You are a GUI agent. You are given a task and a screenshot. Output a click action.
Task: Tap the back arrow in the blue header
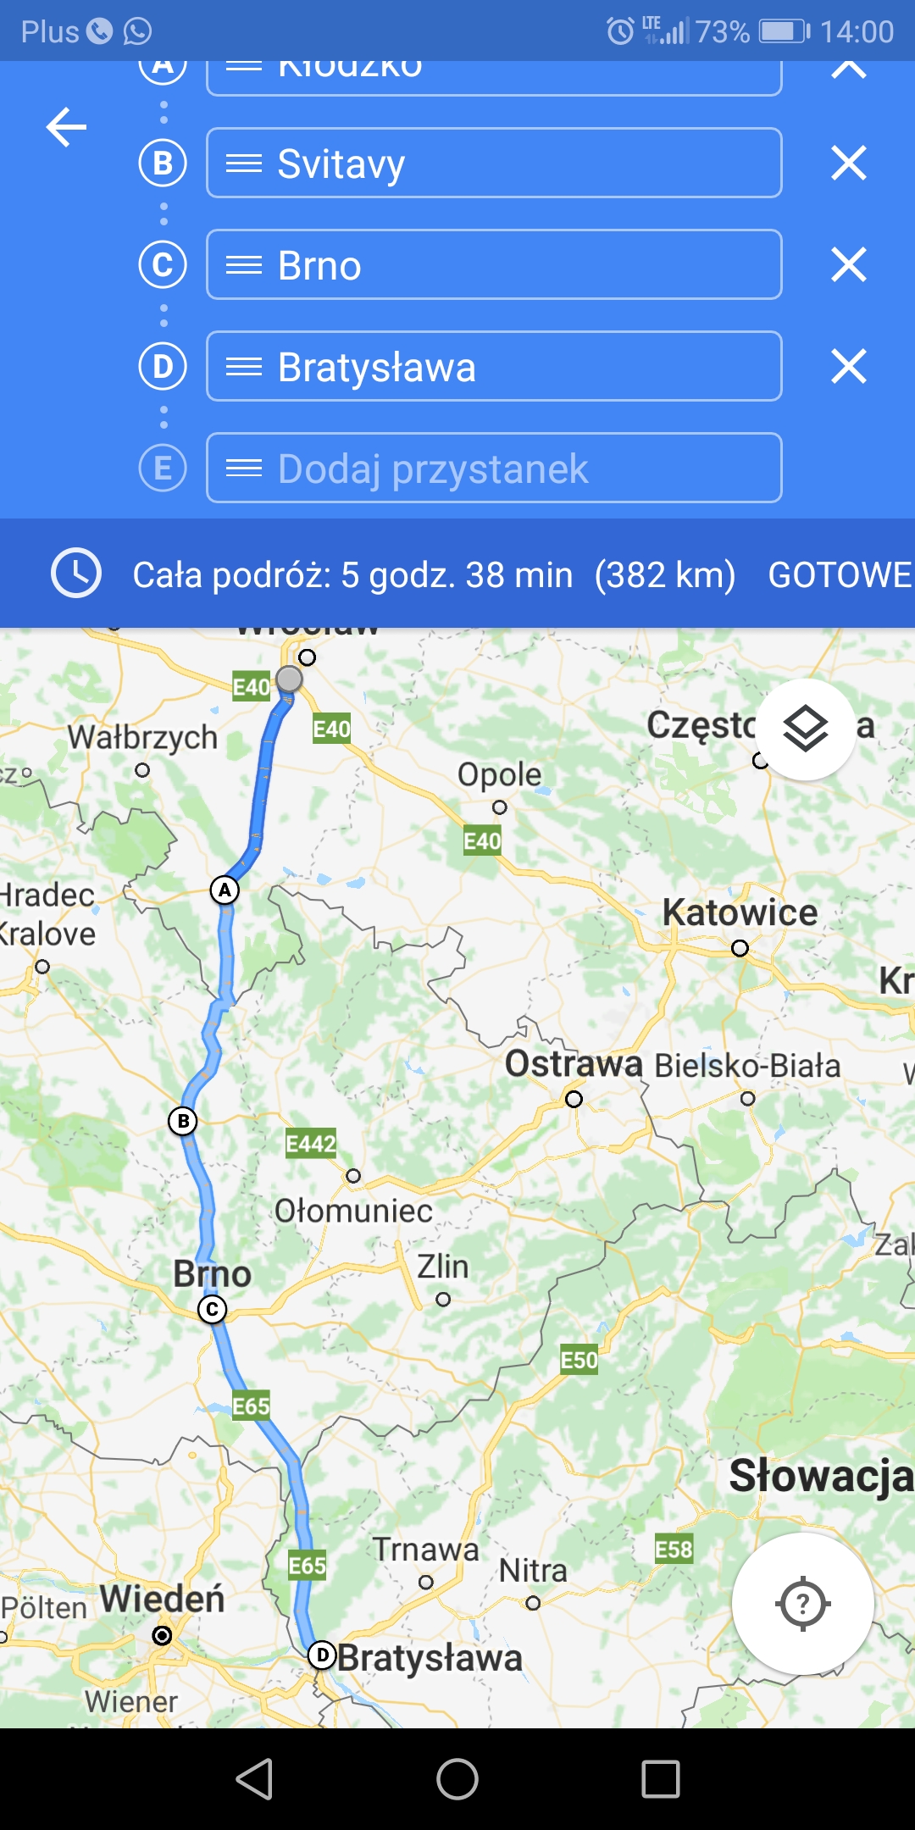tap(66, 128)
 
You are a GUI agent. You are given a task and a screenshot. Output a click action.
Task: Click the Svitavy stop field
tap(494, 163)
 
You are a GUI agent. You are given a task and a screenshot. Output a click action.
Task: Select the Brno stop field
tap(494, 264)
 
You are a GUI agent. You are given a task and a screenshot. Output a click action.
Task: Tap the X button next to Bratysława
tap(848, 366)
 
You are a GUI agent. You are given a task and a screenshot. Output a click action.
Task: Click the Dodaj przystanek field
tap(494, 468)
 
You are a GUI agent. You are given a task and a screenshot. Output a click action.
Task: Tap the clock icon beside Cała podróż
tap(76, 574)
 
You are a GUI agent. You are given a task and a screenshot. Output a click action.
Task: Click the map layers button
tap(805, 729)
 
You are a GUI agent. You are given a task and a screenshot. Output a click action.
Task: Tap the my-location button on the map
tap(802, 1603)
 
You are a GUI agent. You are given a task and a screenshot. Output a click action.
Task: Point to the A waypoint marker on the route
tap(225, 890)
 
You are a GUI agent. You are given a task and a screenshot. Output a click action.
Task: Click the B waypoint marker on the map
tap(183, 1121)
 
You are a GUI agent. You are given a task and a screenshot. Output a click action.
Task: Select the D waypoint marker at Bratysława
tap(322, 1655)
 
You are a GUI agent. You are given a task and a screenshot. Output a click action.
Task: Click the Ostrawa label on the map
tap(574, 1064)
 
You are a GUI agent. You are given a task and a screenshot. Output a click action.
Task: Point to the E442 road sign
tap(311, 1144)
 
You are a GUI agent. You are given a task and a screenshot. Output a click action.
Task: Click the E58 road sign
tap(674, 1550)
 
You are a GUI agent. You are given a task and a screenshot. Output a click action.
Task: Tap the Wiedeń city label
tap(162, 1600)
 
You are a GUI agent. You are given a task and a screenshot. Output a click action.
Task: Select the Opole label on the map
tap(499, 774)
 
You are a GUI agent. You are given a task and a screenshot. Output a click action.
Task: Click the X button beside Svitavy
tap(848, 163)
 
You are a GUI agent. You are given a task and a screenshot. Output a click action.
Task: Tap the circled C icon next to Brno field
tap(163, 264)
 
